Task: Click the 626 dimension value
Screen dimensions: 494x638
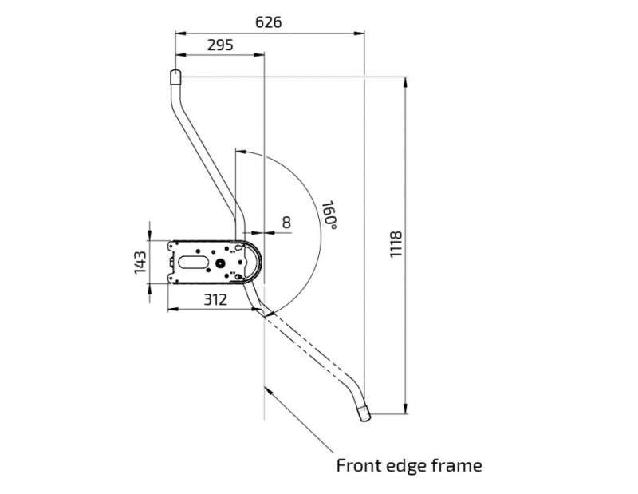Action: pyautogui.click(x=268, y=22)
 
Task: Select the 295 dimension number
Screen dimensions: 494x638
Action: pyautogui.click(x=219, y=45)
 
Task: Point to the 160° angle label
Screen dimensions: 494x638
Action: pyautogui.click(x=329, y=215)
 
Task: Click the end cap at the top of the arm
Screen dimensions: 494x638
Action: pyautogui.click(x=175, y=77)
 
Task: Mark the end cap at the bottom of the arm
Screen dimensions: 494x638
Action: pyautogui.click(x=364, y=413)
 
